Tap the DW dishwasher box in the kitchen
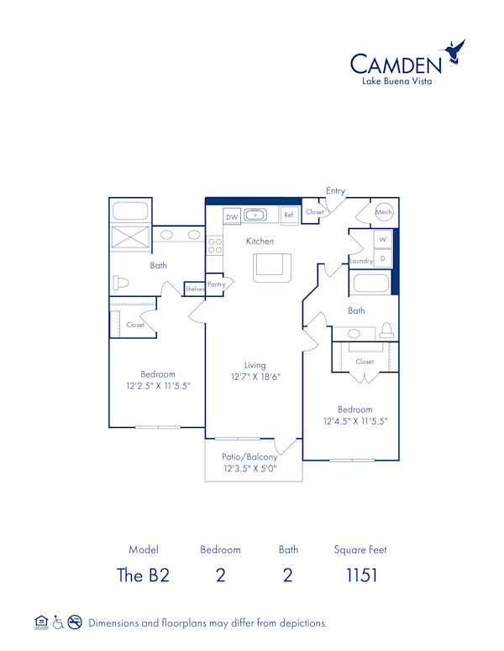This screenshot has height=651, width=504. tap(232, 216)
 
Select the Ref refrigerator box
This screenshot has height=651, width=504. tap(289, 216)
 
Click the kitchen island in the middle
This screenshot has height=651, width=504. tap(271, 265)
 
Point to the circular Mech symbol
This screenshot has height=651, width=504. tap(384, 212)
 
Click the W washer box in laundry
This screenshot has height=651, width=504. tap(382, 240)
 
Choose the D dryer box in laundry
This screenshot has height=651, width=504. tap(382, 259)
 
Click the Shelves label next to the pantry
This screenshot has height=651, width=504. tap(195, 289)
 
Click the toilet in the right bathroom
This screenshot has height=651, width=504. tap(386, 330)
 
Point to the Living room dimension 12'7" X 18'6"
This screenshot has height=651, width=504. tap(255, 378)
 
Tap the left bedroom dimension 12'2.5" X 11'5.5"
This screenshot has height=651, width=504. tap(157, 387)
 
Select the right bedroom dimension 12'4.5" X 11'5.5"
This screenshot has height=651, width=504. tap(354, 421)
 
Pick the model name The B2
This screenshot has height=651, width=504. tap(143, 575)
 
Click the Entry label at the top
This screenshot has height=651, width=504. tap(335, 191)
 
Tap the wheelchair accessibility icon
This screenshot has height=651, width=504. tap(59, 622)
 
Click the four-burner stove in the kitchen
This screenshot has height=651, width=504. tap(214, 246)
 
